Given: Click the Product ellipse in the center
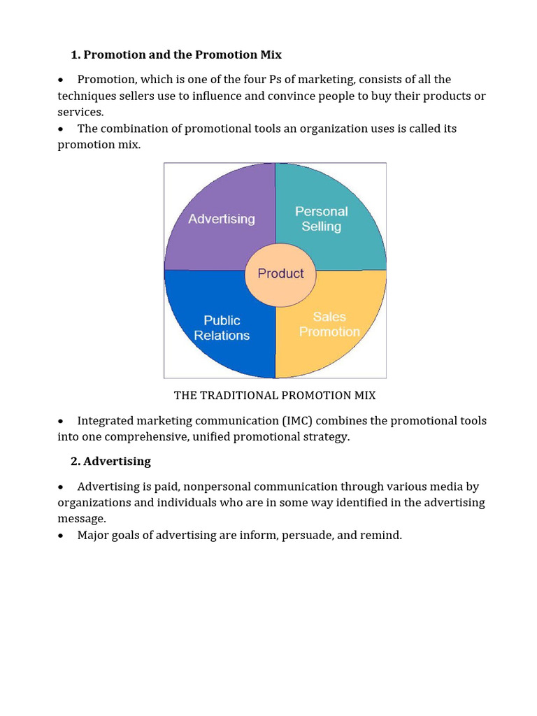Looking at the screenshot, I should coord(280,273).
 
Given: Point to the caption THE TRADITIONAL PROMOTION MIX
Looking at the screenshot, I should coord(275,396).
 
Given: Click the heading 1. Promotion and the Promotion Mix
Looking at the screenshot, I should coord(176,55).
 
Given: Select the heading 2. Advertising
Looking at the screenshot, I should coord(110,461).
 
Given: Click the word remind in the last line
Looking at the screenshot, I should coord(380,536).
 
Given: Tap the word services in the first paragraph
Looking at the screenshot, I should coord(79,112).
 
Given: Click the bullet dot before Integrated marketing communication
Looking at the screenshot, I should coord(62,422).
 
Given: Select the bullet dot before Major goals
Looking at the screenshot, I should coord(62,536).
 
